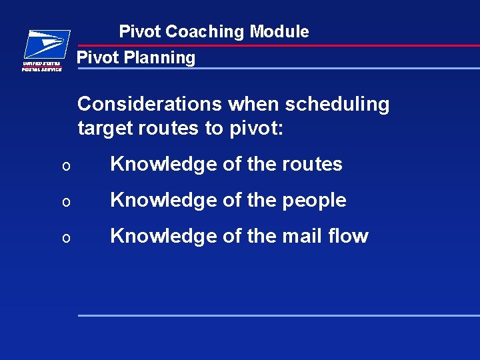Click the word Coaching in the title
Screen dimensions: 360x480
(x=205, y=31)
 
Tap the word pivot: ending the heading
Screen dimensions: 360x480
(x=256, y=127)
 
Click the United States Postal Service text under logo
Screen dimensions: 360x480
(x=42, y=66)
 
